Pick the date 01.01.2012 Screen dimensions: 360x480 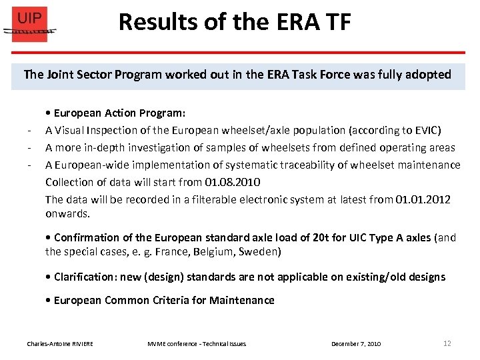[x=423, y=199]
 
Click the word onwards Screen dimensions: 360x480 [x=67, y=214]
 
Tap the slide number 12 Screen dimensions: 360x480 [x=447, y=343]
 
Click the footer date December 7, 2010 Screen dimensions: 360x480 [x=356, y=344]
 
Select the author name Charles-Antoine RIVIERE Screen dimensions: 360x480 [x=60, y=344]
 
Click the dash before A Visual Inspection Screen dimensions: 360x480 [x=30, y=131]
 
